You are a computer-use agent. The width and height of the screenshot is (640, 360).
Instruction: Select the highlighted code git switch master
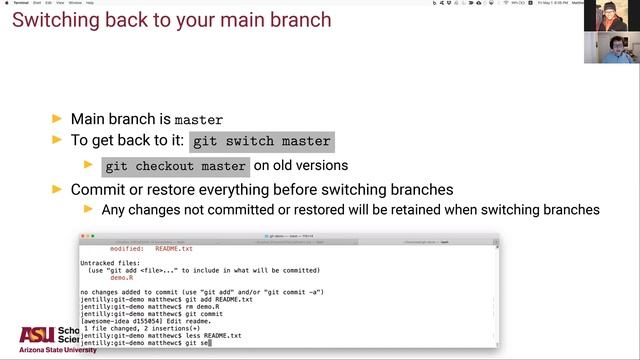click(x=262, y=142)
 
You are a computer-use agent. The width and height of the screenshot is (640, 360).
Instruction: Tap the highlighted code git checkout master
click(x=175, y=166)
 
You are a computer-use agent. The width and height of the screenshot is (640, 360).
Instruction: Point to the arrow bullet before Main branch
click(x=57, y=119)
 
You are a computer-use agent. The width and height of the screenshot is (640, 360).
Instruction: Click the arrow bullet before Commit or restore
click(x=57, y=189)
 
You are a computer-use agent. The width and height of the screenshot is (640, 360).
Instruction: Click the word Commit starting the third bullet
click(x=99, y=189)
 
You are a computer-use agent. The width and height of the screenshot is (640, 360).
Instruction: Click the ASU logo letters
click(x=37, y=335)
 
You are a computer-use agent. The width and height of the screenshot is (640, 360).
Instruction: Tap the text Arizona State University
click(x=49, y=350)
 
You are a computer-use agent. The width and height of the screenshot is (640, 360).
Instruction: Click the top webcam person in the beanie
click(x=607, y=17)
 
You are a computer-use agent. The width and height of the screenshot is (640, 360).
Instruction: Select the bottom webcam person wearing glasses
click(x=607, y=51)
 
